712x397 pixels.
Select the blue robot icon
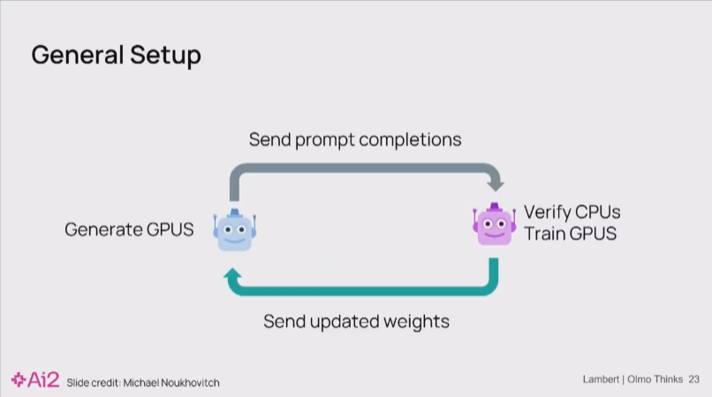coord(233,230)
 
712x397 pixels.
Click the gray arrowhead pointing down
coord(496,183)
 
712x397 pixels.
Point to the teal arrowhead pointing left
coord(232,278)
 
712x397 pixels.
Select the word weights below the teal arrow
coord(414,321)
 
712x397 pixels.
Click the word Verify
coord(546,213)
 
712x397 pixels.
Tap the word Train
coord(542,234)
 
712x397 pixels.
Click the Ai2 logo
coord(34,380)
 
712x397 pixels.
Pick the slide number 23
coord(693,379)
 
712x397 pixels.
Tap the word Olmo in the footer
coord(640,379)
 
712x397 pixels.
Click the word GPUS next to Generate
coord(170,230)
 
